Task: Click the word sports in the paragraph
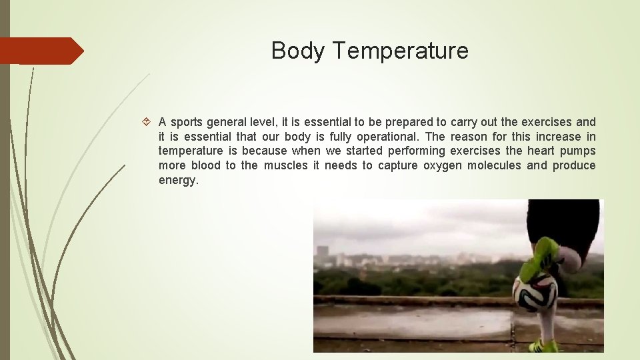(187, 122)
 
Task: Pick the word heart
(541, 151)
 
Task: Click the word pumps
(579, 151)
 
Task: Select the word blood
(205, 165)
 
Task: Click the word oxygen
(441, 165)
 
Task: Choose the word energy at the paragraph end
(178, 181)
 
